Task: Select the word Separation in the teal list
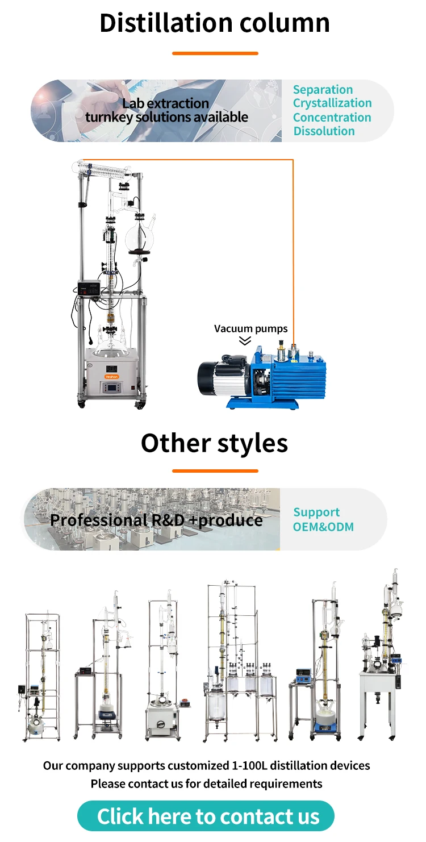coord(323,90)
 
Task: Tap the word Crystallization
coord(332,103)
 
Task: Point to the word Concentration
coord(332,118)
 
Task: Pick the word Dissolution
coord(324,131)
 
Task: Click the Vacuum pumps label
coord(250,329)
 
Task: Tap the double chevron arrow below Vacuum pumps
coord(245,341)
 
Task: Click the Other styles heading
coord(214,443)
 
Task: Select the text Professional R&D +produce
coord(156,520)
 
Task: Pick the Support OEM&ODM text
coord(323,520)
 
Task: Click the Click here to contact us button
coord(208,816)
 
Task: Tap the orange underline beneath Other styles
coord(215,470)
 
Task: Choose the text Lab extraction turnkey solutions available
coord(166,111)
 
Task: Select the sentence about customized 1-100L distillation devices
coord(206,765)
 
